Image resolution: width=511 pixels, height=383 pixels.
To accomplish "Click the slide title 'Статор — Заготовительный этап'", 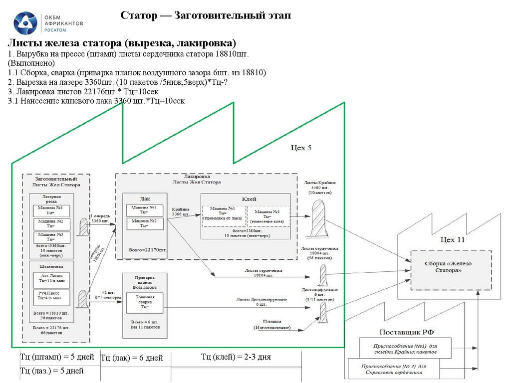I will (x=206, y=16).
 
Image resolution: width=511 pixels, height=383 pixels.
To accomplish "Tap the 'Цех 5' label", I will (x=301, y=148).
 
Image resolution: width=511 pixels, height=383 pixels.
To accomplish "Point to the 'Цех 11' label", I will (x=452, y=239).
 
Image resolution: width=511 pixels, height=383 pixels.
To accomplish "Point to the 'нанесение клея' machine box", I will (x=268, y=213).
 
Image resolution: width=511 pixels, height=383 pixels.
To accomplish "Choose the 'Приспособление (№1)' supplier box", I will (x=405, y=348).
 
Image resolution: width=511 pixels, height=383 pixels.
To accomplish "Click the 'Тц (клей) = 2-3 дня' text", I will (x=236, y=357).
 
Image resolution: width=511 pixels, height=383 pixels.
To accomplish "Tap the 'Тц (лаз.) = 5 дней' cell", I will (x=52, y=371).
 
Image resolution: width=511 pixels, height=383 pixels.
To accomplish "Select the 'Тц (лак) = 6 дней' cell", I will (x=132, y=358).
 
